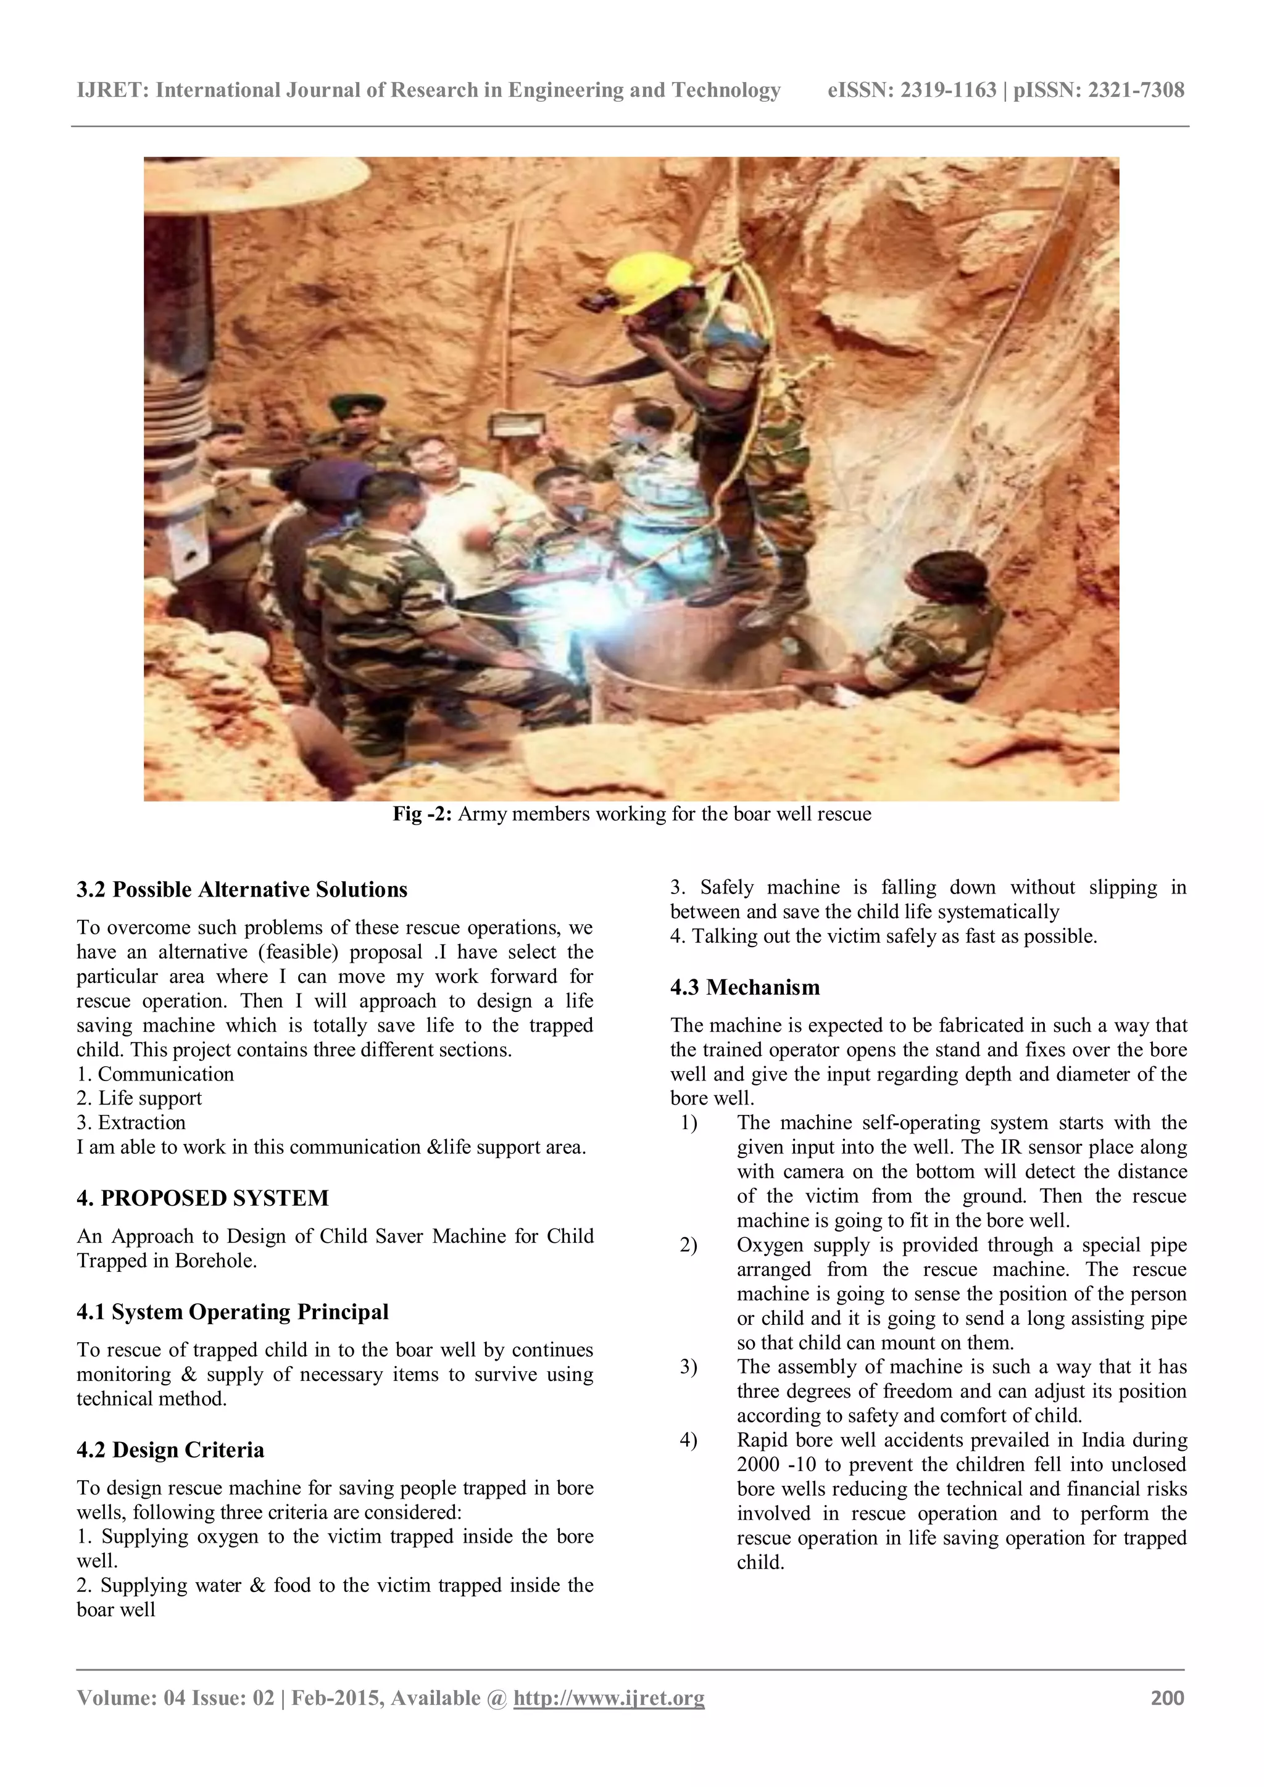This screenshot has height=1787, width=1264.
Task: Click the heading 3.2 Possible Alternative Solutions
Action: tap(241, 890)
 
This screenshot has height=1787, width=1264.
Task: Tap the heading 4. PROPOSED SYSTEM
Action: tap(202, 1198)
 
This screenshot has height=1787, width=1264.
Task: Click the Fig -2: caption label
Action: tap(422, 814)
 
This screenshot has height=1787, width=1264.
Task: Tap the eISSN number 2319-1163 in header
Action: tap(947, 90)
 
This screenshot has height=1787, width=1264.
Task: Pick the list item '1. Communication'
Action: tap(155, 1074)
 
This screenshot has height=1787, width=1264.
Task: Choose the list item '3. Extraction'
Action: tap(131, 1122)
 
